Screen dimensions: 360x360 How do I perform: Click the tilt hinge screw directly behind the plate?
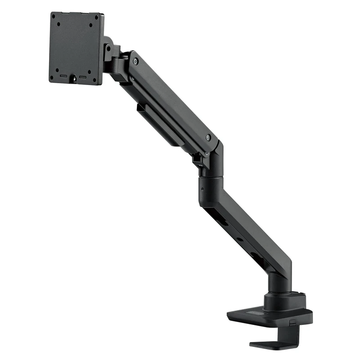[x=108, y=48]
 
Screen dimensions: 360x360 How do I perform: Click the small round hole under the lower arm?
[x=239, y=239]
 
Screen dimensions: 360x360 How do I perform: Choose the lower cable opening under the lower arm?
[x=257, y=257]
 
